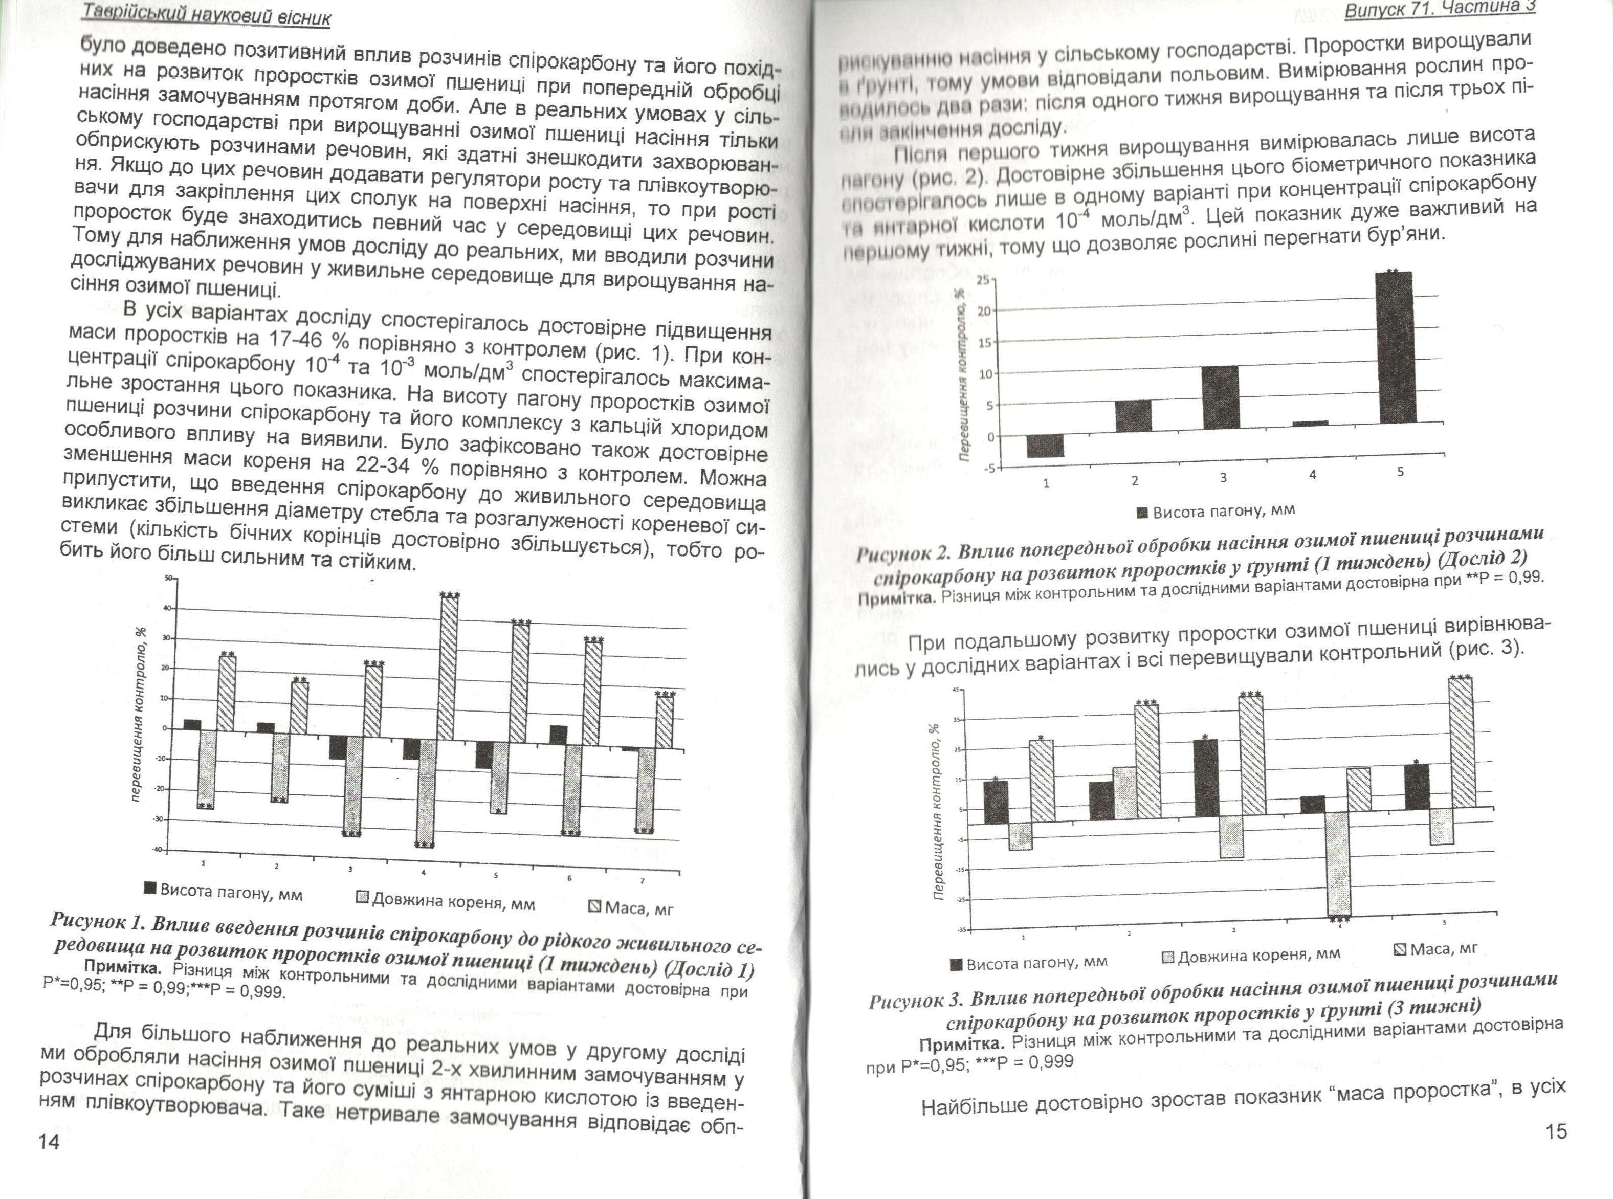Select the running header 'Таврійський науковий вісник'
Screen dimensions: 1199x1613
(206, 14)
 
